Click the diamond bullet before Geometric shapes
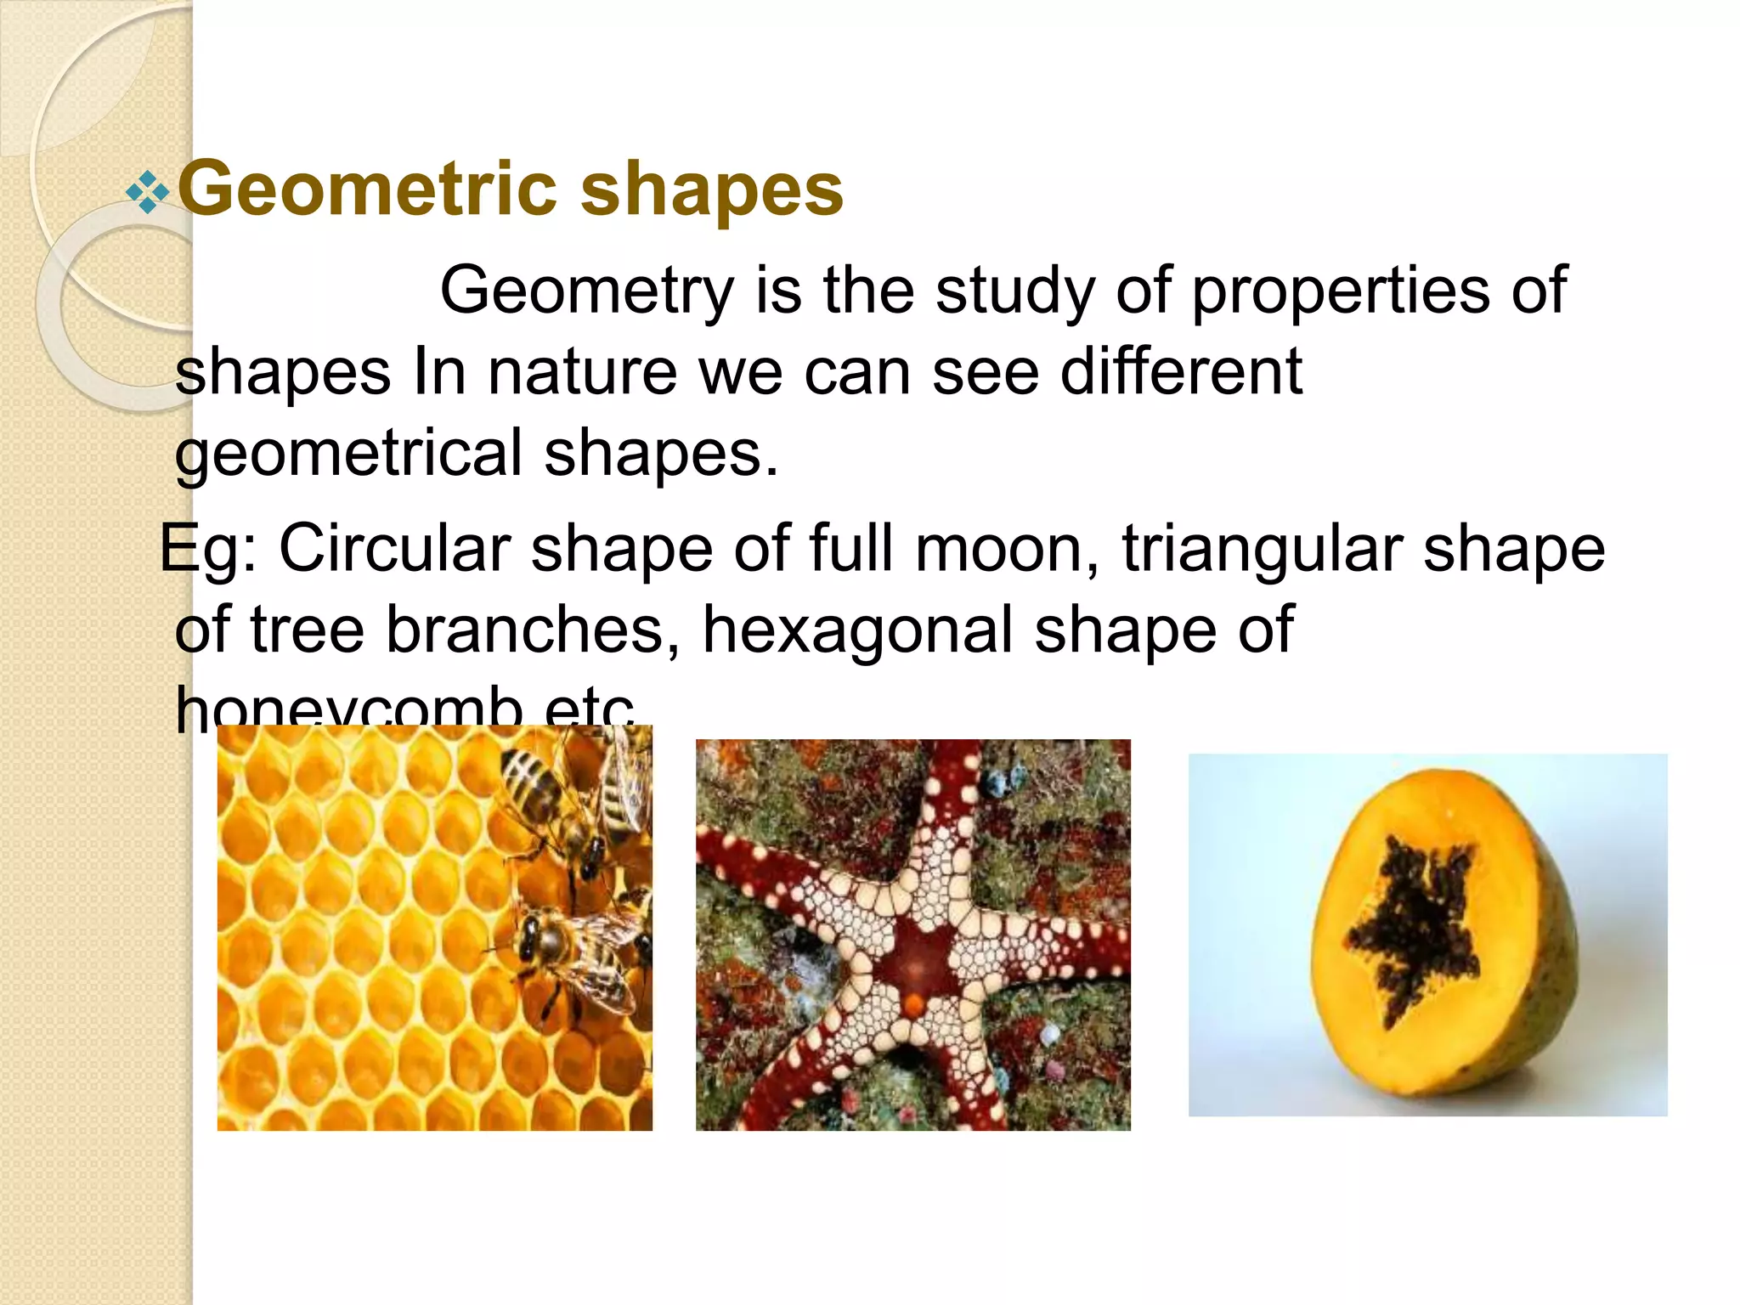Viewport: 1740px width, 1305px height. [147, 192]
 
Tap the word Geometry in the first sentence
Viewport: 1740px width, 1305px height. [586, 291]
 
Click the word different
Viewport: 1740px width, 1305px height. [1181, 372]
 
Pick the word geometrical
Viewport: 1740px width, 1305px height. [348, 454]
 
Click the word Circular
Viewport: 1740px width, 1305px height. [394, 550]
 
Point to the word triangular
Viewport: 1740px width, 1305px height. [1261, 550]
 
